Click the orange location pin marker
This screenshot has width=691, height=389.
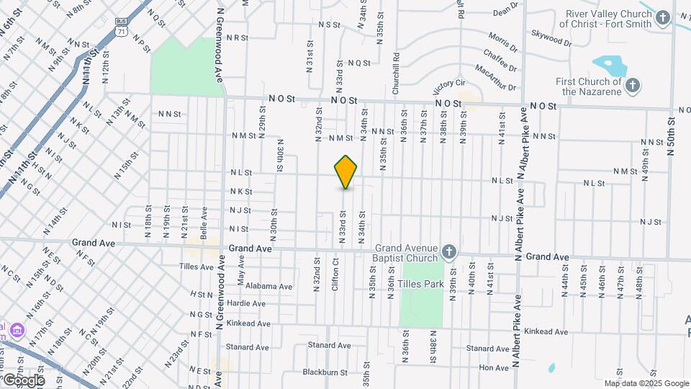(x=346, y=171)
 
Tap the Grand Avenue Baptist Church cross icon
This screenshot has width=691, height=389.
(x=449, y=251)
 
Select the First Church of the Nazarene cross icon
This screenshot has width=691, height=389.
(x=632, y=86)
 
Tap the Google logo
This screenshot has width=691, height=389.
(x=23, y=380)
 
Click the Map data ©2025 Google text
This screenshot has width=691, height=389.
(x=646, y=383)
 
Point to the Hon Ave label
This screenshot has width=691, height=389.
(x=494, y=367)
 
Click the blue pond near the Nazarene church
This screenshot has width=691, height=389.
(x=610, y=66)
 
